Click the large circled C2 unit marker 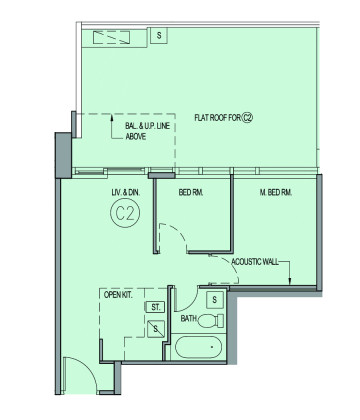coord(125,213)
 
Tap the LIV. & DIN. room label coord(126,192)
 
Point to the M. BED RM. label coord(276,192)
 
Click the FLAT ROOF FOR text coord(218,118)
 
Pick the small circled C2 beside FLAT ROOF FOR coord(247,118)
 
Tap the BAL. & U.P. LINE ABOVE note coord(147,131)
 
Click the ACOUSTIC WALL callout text coord(255,262)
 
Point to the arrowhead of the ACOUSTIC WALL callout coord(290,282)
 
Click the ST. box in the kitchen coord(155,307)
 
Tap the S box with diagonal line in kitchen coord(156,329)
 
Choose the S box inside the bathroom coord(214,299)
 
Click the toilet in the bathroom coord(211,321)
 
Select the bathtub coord(199,347)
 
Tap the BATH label coord(189,319)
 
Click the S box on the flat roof coord(159,35)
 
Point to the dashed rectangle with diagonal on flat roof coord(111,38)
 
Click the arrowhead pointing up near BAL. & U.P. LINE coord(112,117)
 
